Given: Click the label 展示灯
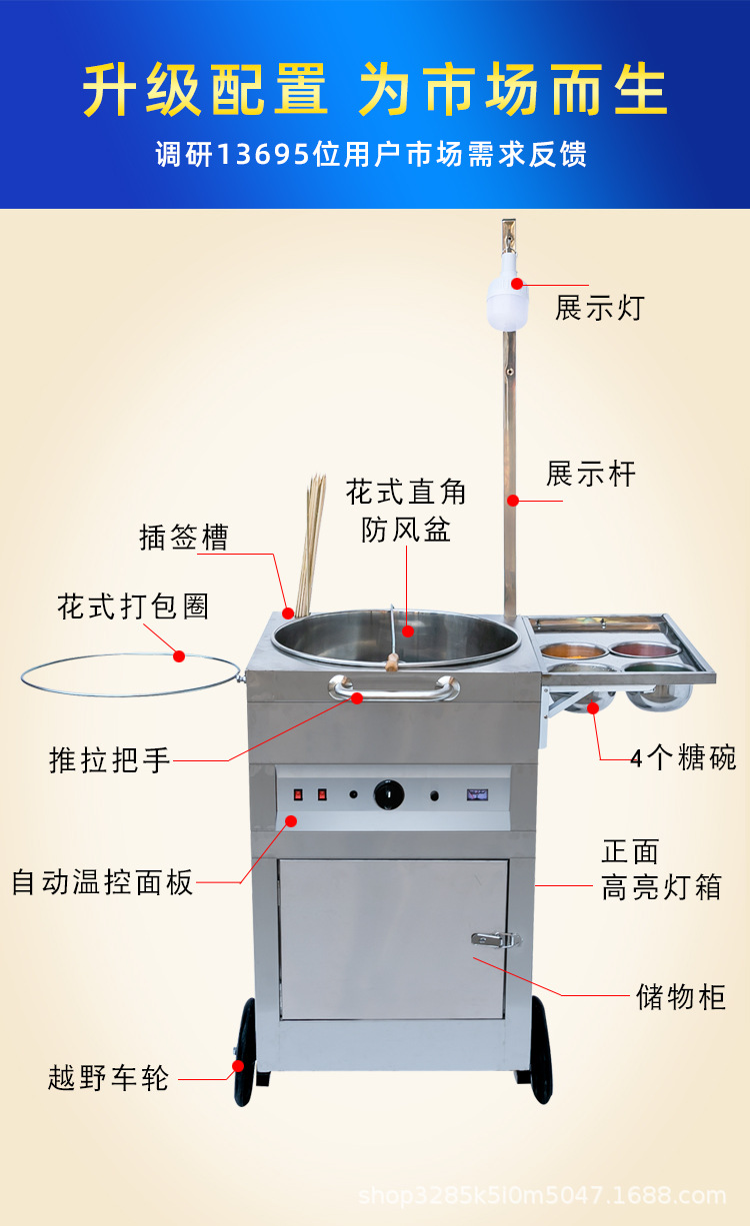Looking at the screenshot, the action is (x=600, y=308).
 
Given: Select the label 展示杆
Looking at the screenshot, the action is (x=591, y=474).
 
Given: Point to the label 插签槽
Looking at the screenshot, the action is (x=184, y=538).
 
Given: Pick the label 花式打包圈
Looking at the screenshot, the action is (x=133, y=607).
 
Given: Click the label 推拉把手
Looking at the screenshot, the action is (x=110, y=760).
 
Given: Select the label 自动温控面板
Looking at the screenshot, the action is (x=102, y=882).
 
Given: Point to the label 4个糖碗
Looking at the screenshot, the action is (x=683, y=758).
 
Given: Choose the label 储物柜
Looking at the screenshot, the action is (x=681, y=996).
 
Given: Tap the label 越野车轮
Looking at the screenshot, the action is (x=109, y=1078).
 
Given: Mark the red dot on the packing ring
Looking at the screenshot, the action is (x=179, y=656).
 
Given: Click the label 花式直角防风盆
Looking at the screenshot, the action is (x=407, y=511).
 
